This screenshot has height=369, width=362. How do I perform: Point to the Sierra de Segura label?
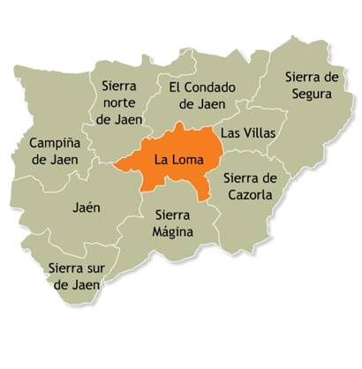(x=313, y=85)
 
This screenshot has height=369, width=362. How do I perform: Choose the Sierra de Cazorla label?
(x=253, y=185)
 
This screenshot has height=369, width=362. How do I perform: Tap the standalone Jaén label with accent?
(x=86, y=208)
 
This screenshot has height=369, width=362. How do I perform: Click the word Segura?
(x=313, y=94)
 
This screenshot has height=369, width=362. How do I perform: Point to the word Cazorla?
(x=253, y=193)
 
